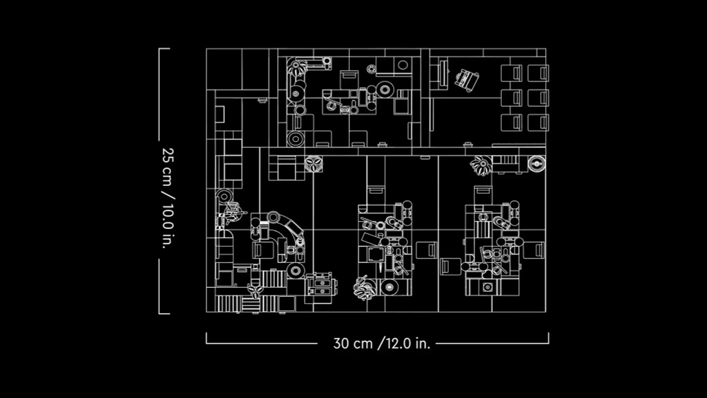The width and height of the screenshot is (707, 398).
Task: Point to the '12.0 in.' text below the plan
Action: coord(406,344)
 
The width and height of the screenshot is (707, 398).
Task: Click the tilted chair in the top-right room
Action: coord(466,79)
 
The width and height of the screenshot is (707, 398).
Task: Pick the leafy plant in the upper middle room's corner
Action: coord(296,69)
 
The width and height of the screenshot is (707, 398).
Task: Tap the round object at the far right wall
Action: coord(537,165)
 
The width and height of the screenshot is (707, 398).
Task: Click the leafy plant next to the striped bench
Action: coord(481,165)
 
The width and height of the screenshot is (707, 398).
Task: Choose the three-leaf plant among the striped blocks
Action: coord(255,290)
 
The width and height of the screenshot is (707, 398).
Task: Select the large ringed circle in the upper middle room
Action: coord(385,90)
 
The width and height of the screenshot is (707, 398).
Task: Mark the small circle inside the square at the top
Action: coord(402,66)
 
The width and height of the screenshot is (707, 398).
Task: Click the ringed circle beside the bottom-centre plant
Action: coord(388,287)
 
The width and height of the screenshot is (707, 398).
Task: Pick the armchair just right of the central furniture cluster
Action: coord(426,250)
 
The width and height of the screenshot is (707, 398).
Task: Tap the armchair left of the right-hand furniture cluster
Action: coord(450,267)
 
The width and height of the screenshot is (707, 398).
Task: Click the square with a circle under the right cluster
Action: coord(487,287)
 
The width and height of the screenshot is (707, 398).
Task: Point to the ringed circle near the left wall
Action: coord(225,196)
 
